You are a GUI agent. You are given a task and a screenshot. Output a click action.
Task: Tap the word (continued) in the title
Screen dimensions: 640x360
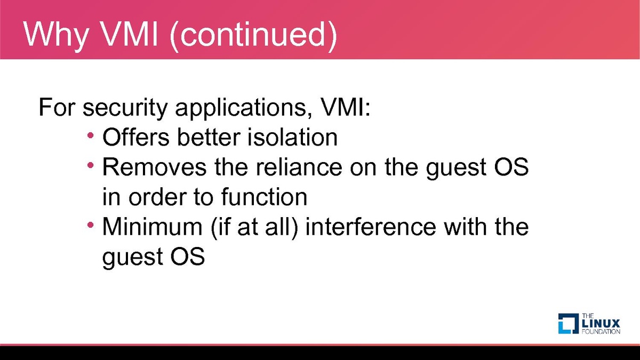pyautogui.click(x=253, y=35)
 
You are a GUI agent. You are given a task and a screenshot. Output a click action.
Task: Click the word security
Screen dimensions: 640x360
pyautogui.click(x=125, y=108)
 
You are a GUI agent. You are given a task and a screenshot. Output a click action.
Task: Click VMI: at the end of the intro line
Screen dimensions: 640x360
pyautogui.click(x=346, y=107)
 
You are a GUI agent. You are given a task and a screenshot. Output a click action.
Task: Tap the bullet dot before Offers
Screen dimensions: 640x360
pyautogui.click(x=91, y=135)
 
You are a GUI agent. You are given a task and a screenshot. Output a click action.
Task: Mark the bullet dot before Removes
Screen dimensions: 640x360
pyautogui.click(x=91, y=165)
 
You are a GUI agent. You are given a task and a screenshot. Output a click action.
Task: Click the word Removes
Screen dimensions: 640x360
pyautogui.click(x=154, y=167)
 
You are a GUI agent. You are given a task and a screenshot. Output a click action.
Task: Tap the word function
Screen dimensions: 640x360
pyautogui.click(x=264, y=197)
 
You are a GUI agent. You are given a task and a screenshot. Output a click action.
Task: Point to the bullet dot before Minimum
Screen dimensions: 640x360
pyautogui.click(x=91, y=225)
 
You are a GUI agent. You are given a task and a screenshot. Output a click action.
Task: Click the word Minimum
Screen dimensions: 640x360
pyautogui.click(x=153, y=226)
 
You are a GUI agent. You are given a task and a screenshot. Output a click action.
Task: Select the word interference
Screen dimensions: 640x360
pyautogui.click(x=371, y=226)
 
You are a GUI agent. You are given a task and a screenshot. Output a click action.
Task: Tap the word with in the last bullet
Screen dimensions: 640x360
pyautogui.click(x=466, y=226)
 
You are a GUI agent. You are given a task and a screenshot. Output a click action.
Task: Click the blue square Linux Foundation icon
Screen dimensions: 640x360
pyautogui.click(x=569, y=323)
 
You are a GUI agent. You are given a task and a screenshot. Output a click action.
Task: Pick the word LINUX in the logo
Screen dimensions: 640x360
pyautogui.click(x=601, y=324)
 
